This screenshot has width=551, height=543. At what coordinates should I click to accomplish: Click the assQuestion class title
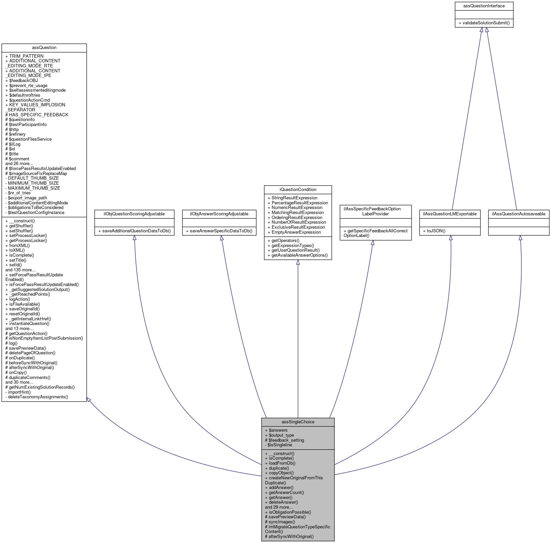click(44, 48)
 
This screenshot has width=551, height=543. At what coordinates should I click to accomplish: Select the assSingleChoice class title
click(298, 422)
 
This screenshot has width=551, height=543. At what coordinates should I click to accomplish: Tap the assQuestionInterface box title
click(484, 6)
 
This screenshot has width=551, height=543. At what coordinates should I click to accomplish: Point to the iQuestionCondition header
click(298, 190)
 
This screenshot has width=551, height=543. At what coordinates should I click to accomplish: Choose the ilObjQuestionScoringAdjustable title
click(134, 214)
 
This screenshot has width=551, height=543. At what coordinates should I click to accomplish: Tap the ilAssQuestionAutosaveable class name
click(518, 214)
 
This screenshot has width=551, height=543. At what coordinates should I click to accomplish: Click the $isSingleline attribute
click(280, 445)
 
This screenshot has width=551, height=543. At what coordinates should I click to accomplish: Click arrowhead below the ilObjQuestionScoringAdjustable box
click(134, 238)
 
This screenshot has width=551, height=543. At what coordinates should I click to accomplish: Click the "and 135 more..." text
click(20, 270)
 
